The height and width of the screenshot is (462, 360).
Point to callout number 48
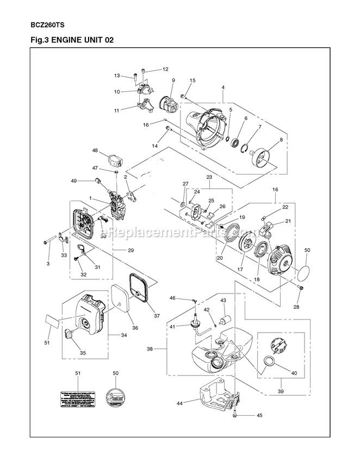click(x=95, y=151)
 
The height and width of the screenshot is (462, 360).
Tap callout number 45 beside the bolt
click(x=259, y=415)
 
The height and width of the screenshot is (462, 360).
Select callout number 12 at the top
click(x=165, y=69)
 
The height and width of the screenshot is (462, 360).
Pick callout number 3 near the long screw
click(x=48, y=263)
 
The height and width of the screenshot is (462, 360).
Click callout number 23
click(x=208, y=177)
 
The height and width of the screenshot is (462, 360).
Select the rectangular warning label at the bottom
click(x=77, y=396)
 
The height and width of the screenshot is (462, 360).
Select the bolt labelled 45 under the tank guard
click(x=235, y=415)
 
